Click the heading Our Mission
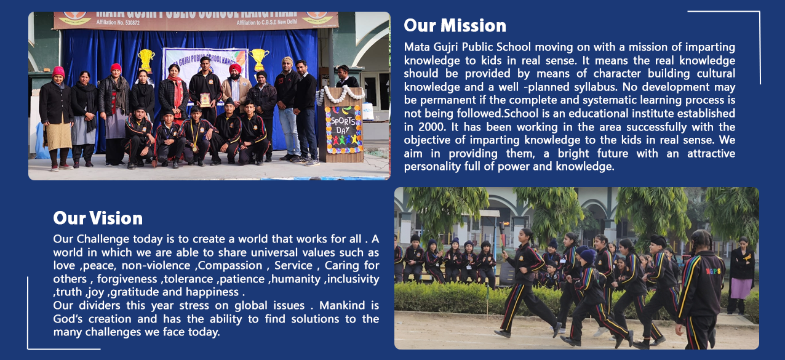click(x=455, y=26)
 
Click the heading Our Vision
click(x=98, y=218)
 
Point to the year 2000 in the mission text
click(x=432, y=127)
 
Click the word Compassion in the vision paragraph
click(x=230, y=266)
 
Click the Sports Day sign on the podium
click(x=343, y=130)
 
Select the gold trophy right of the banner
click(x=258, y=60)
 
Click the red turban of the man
click(x=235, y=68)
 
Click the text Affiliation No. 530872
click(x=118, y=22)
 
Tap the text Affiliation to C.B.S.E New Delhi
click(x=267, y=22)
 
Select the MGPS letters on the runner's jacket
click(x=713, y=271)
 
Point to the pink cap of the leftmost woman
click(x=58, y=72)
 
